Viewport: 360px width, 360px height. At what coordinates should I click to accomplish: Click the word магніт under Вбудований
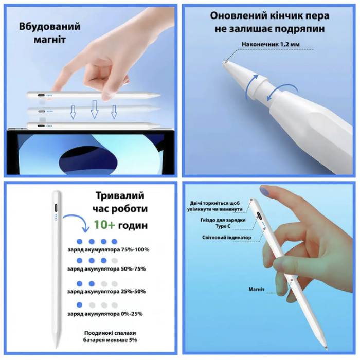tap(49, 40)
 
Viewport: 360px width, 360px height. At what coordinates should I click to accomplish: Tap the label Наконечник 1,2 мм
tap(271, 44)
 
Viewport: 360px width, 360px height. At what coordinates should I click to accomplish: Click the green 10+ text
tap(104, 225)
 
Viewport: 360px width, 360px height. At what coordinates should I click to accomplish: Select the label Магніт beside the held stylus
tap(257, 289)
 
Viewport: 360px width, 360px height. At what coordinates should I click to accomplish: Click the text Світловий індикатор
tap(227, 238)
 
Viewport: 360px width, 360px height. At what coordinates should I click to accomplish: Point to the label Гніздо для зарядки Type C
tap(223, 223)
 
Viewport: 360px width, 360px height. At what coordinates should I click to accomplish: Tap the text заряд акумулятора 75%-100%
tap(109, 249)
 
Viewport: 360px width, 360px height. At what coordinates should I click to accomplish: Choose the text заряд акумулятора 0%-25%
tap(105, 314)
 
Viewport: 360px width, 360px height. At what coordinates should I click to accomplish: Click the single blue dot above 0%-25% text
tap(79, 305)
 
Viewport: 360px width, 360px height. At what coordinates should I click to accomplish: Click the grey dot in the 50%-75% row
tap(114, 261)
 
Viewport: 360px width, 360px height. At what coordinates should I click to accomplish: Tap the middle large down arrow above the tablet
tap(94, 109)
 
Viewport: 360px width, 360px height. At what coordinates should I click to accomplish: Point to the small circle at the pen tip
tap(226, 61)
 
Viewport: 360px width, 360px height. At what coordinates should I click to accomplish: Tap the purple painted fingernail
tap(264, 191)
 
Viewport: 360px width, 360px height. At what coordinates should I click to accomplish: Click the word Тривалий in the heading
tap(120, 195)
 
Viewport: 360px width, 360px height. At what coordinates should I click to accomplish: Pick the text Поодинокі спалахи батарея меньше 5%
tap(110, 336)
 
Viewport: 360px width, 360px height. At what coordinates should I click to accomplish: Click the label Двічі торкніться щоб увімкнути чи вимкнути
tap(214, 206)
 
